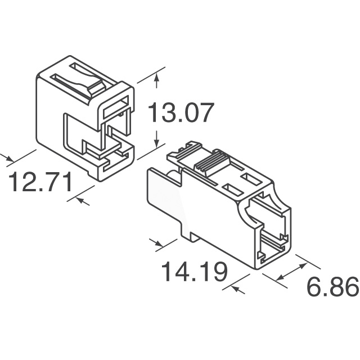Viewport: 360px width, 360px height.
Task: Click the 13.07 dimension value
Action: pos(181,112)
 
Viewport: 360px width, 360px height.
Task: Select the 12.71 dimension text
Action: pos(40,182)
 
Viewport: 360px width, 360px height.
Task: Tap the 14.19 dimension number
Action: pos(194,272)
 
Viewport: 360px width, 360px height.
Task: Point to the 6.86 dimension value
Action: pos(333,286)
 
